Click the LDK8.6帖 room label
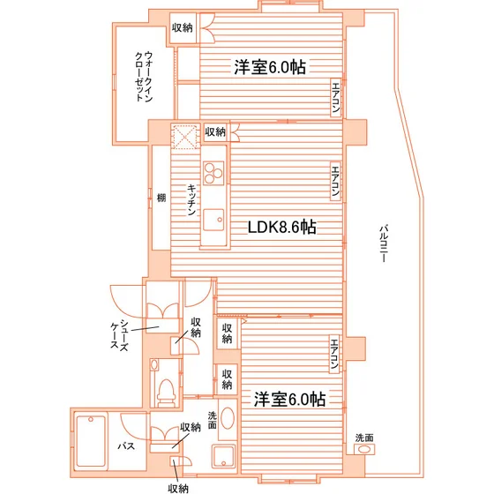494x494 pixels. [x=282, y=227]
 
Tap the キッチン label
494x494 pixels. [x=192, y=200]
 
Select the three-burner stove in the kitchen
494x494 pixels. [x=213, y=173]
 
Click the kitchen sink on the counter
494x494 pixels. [x=213, y=220]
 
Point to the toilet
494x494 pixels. [x=166, y=392]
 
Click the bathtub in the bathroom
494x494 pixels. [x=91, y=441]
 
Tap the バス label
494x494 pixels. [x=126, y=446]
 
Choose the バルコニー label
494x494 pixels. [x=384, y=243]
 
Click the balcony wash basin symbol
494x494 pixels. [x=364, y=449]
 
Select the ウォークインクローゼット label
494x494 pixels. [x=144, y=77]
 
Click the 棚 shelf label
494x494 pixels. [x=161, y=198]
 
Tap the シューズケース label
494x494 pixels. [x=119, y=335]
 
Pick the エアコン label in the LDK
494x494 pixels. [x=335, y=181]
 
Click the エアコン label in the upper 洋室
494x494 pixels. [x=336, y=98]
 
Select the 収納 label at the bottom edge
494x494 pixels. [x=178, y=489]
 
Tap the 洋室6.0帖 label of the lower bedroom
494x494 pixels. [x=290, y=399]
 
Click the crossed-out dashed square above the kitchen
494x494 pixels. [x=185, y=136]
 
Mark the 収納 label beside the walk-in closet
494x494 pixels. [x=182, y=27]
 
